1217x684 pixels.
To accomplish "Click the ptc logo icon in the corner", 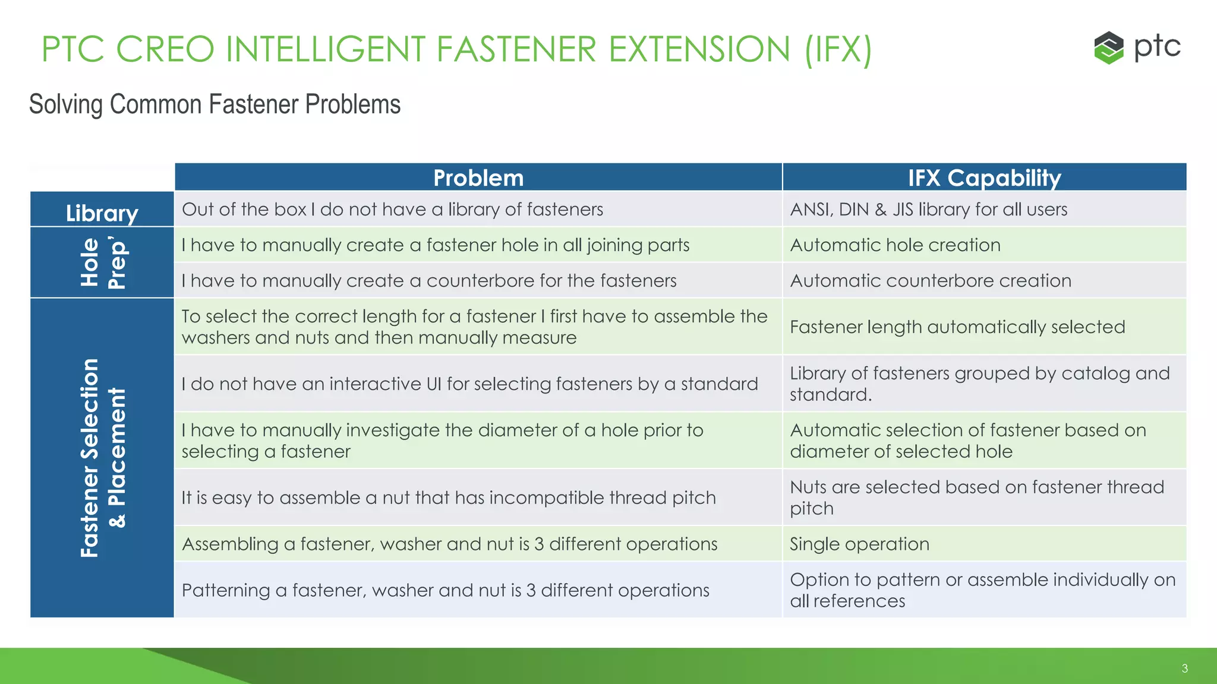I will pyautogui.click(x=1108, y=47).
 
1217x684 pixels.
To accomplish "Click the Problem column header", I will pyautogui.click(x=478, y=178).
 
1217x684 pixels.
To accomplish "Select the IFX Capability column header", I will pyautogui.click(x=984, y=178).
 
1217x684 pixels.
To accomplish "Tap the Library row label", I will pyautogui.click(x=102, y=213).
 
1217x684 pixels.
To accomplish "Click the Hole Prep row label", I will pyautogui.click(x=102, y=262).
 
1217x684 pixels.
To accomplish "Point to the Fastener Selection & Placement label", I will pyautogui.click(x=102, y=458).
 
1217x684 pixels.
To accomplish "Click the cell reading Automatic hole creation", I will pyautogui.click(x=895, y=245).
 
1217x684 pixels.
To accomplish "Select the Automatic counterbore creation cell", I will pyautogui.click(x=930, y=280).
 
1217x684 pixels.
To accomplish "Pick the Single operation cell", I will pyautogui.click(x=859, y=544).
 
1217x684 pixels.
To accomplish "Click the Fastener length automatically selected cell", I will pyautogui.click(x=957, y=327).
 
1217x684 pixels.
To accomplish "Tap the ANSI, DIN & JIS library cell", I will pyautogui.click(x=928, y=209).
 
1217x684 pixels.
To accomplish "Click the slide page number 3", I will pyautogui.click(x=1184, y=669).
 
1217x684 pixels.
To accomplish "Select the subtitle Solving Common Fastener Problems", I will pyautogui.click(x=215, y=104).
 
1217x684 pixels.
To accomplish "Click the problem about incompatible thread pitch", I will pyautogui.click(x=449, y=498).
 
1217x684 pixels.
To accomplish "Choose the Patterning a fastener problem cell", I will pyautogui.click(x=445, y=590).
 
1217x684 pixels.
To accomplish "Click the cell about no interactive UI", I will pyautogui.click(x=469, y=384).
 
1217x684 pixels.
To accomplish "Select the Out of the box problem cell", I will pyautogui.click(x=392, y=209).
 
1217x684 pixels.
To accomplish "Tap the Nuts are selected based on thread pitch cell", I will pyautogui.click(x=976, y=498).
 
